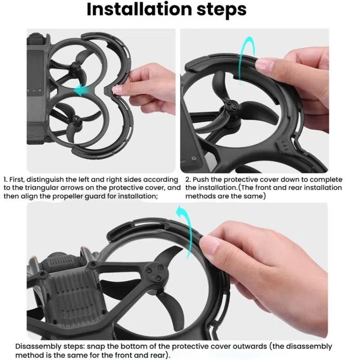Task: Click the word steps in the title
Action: [223, 10]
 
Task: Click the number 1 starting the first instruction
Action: [5, 180]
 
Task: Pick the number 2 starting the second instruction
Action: [188, 180]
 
